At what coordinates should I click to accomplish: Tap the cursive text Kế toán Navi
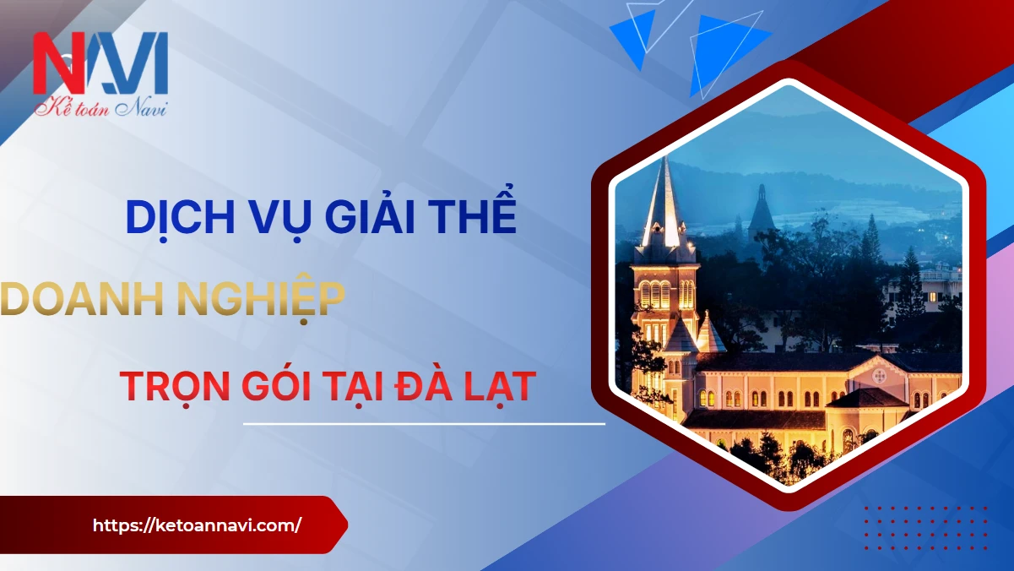[x=101, y=109]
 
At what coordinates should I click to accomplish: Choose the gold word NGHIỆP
[x=261, y=299]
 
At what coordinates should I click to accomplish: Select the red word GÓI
[x=276, y=384]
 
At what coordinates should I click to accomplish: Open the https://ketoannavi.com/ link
[x=197, y=525]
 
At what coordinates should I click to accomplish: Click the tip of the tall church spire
[x=666, y=156]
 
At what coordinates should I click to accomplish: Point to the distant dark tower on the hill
[x=762, y=209]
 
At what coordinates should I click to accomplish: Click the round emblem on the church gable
[x=879, y=376]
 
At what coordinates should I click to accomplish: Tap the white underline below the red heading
[x=424, y=424]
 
